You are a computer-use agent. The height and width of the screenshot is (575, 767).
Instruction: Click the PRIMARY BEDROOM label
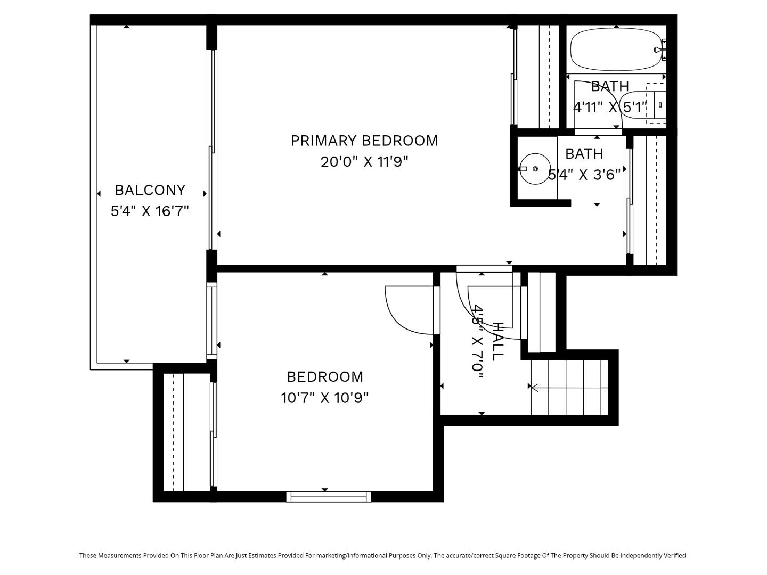coord(364,141)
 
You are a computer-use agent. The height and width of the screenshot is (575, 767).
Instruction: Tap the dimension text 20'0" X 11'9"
coord(364,162)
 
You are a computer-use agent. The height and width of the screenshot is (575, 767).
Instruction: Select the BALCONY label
coord(150,190)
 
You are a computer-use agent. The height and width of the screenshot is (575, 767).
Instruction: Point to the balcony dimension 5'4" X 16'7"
coord(150,211)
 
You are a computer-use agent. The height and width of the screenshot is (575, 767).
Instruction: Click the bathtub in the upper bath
coord(616,49)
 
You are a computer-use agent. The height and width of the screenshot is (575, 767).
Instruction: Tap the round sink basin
coord(535,169)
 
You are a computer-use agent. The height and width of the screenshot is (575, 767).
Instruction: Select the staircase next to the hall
coord(569,387)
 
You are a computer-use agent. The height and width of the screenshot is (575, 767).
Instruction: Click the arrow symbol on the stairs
coord(534,388)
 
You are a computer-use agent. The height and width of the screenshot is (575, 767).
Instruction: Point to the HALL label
coord(497,341)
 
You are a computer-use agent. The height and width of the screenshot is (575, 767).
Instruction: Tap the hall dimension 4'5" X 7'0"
coord(478,341)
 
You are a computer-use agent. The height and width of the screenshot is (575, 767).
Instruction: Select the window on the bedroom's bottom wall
coord(329,497)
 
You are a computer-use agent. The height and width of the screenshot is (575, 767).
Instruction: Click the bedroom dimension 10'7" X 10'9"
coord(325,398)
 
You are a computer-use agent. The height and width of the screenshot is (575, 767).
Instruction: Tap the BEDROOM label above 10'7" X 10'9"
coord(325,377)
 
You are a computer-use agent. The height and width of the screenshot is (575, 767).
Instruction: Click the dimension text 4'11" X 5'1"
coord(610,108)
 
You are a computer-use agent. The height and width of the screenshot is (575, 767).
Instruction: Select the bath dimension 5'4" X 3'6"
coord(584,175)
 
